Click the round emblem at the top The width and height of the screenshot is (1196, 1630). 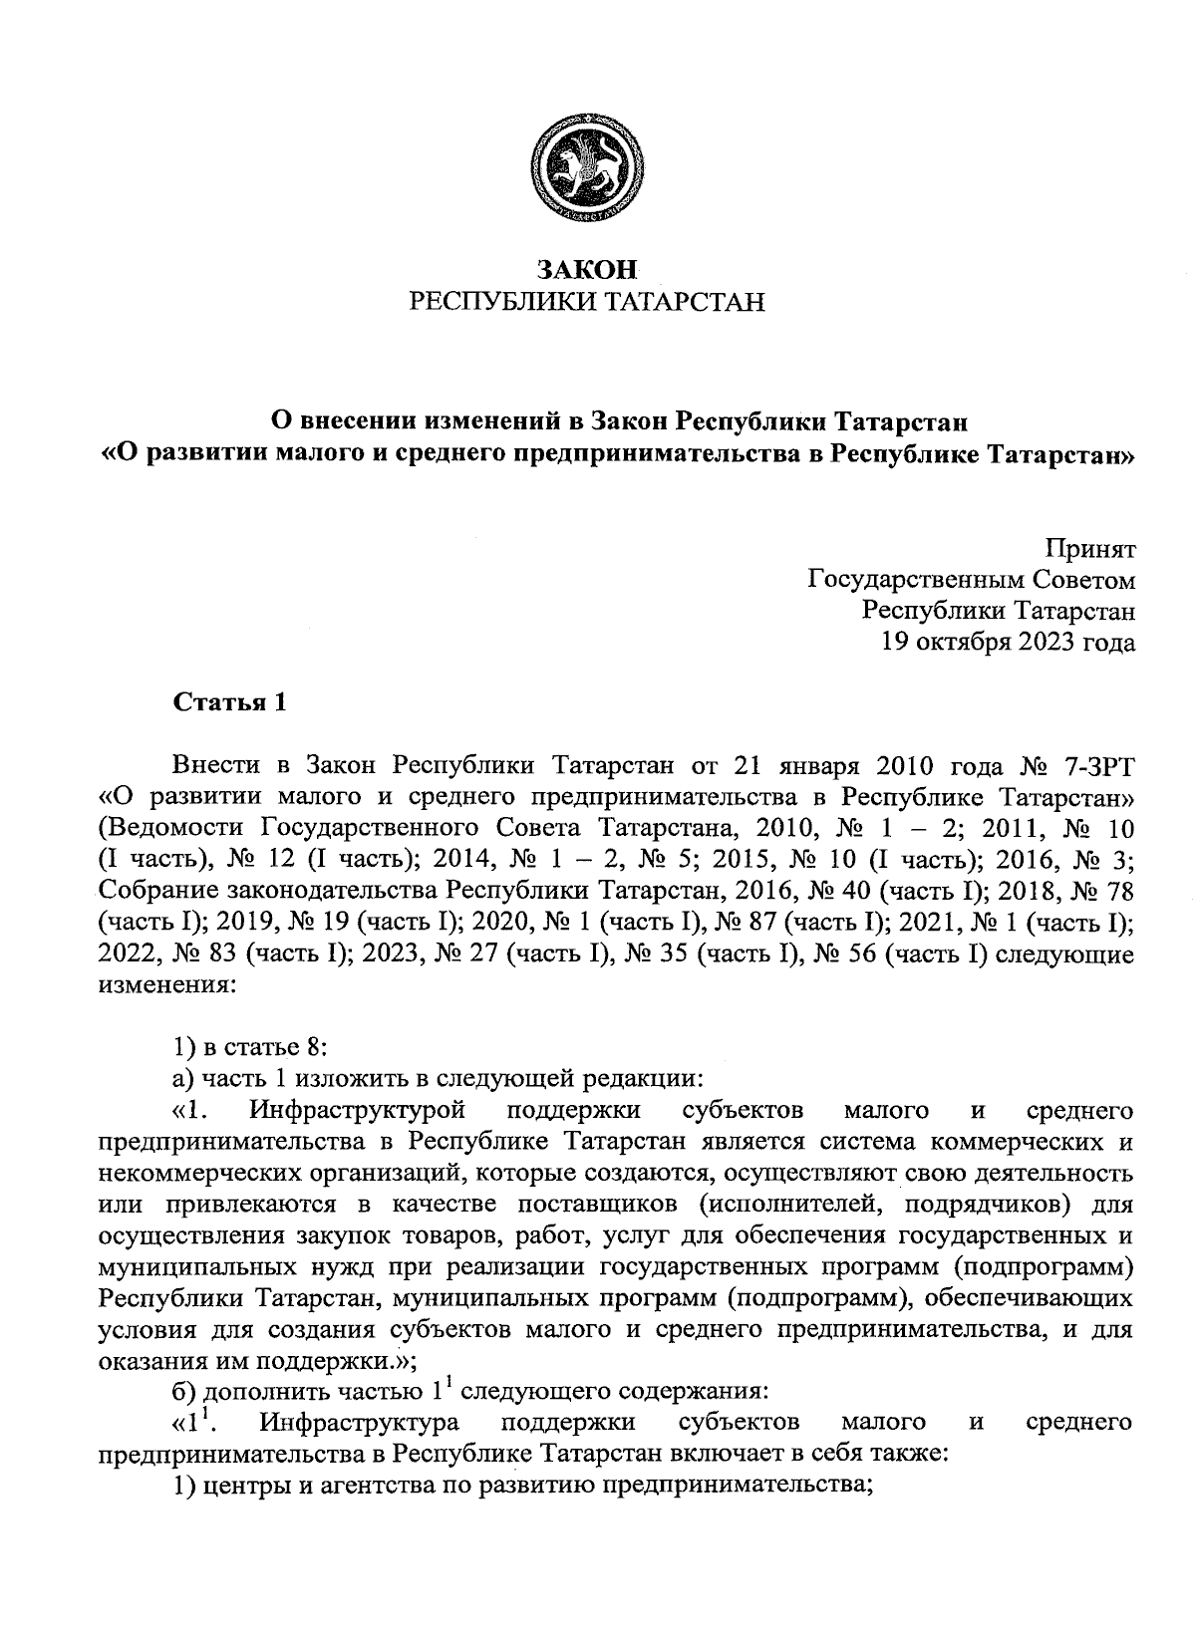(586, 165)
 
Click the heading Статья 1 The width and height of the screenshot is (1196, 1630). (230, 702)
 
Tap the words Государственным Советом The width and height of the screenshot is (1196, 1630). (971, 579)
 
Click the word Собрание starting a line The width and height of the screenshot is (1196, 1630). (157, 893)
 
